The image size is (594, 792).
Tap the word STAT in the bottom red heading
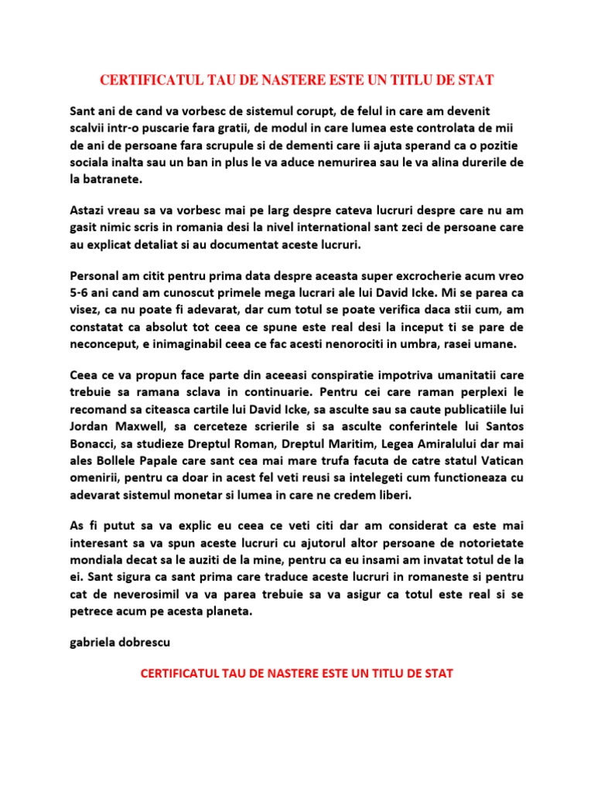pyautogui.click(x=438, y=674)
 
